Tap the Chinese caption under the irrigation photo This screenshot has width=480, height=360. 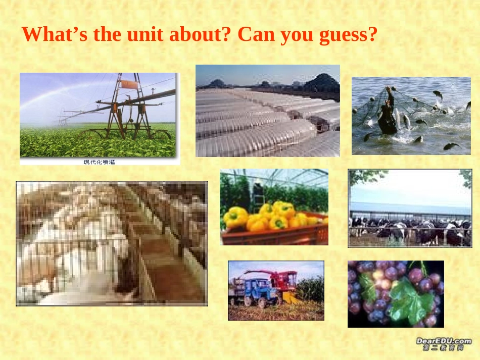pos(100,162)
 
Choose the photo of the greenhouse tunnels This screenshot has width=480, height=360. pos(267,111)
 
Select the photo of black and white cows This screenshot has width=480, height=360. pos(410,208)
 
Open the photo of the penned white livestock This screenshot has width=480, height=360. pos(112,243)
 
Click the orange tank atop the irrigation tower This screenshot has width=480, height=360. pos(130,84)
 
